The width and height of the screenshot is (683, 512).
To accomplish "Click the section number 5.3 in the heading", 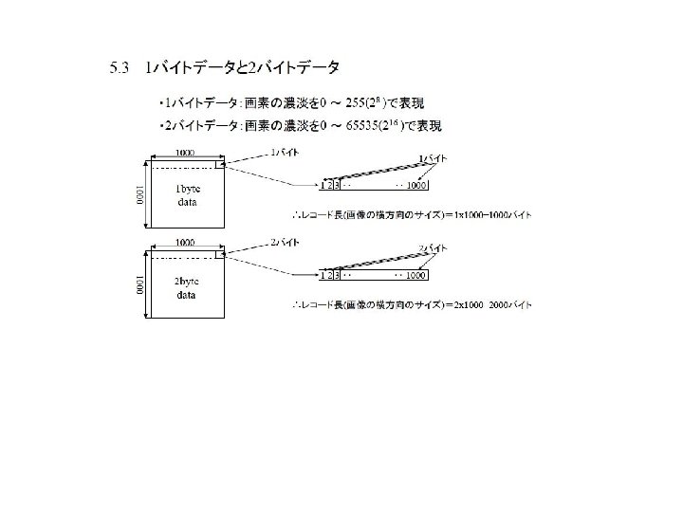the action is coord(120,67).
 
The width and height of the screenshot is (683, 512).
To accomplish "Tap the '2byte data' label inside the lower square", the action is coord(188,287).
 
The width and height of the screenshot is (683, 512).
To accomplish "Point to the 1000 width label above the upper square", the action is coord(185,152).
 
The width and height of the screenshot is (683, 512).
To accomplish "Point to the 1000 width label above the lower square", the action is coord(185,243).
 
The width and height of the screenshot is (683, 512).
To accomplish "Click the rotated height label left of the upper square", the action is coord(138,195).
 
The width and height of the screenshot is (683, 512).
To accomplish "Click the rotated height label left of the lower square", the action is coord(138,285).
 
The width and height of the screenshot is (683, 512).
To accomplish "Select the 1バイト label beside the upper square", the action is coord(285,152).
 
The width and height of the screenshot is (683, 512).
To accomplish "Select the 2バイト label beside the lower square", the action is coord(285,243).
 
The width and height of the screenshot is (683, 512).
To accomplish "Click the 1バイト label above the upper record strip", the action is coord(433,156).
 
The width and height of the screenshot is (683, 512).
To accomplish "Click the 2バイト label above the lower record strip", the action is coord(433,248).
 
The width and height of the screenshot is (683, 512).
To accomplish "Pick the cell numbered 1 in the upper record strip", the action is coord(323,184).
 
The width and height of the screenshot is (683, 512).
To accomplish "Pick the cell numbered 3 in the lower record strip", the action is coord(337,275).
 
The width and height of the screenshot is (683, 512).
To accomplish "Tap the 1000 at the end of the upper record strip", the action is coord(416,184).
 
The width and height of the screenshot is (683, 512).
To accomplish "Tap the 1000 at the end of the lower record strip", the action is coord(416,275).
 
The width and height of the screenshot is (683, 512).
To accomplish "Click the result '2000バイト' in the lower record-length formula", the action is coord(510,305).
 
